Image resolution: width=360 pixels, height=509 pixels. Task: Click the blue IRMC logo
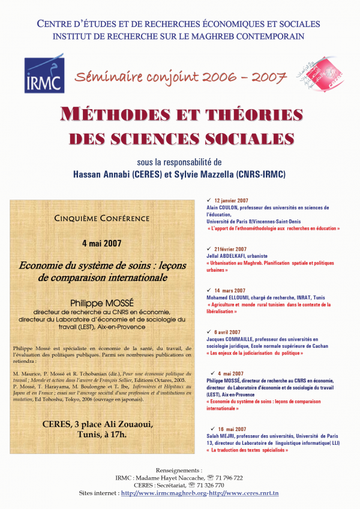(x=44, y=74)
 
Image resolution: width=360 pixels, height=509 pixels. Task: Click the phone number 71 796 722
(x=228, y=477)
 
